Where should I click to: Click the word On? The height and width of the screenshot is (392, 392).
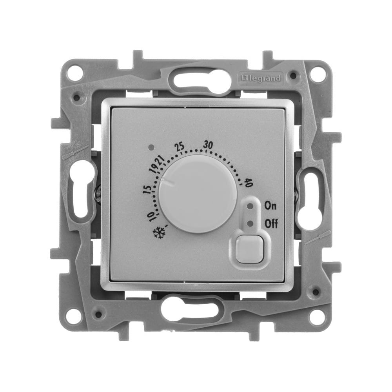click(x=270, y=206)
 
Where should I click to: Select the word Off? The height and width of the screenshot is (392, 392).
click(x=271, y=224)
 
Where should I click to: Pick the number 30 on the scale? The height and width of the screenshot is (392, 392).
click(x=208, y=145)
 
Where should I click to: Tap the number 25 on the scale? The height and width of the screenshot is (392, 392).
click(x=180, y=147)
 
